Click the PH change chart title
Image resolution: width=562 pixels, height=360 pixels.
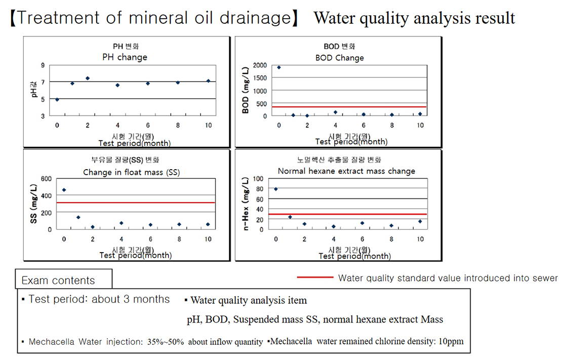(x=125, y=57)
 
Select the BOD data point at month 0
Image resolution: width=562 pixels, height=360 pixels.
(x=278, y=67)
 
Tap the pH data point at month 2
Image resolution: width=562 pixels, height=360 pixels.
(x=88, y=78)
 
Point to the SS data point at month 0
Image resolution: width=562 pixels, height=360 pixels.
(x=64, y=190)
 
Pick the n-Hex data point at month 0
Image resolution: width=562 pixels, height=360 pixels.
(x=276, y=189)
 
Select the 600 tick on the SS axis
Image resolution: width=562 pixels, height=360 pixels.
(x=46, y=179)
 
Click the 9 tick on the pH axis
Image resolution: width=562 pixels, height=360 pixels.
(x=43, y=65)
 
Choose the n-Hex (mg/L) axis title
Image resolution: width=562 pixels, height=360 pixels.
(x=247, y=204)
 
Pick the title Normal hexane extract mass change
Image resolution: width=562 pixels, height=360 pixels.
(x=346, y=171)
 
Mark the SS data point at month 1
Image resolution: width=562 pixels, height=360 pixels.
(x=78, y=218)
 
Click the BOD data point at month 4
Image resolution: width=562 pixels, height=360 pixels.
(x=335, y=112)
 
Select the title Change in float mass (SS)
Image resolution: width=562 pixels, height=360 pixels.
(x=132, y=172)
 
